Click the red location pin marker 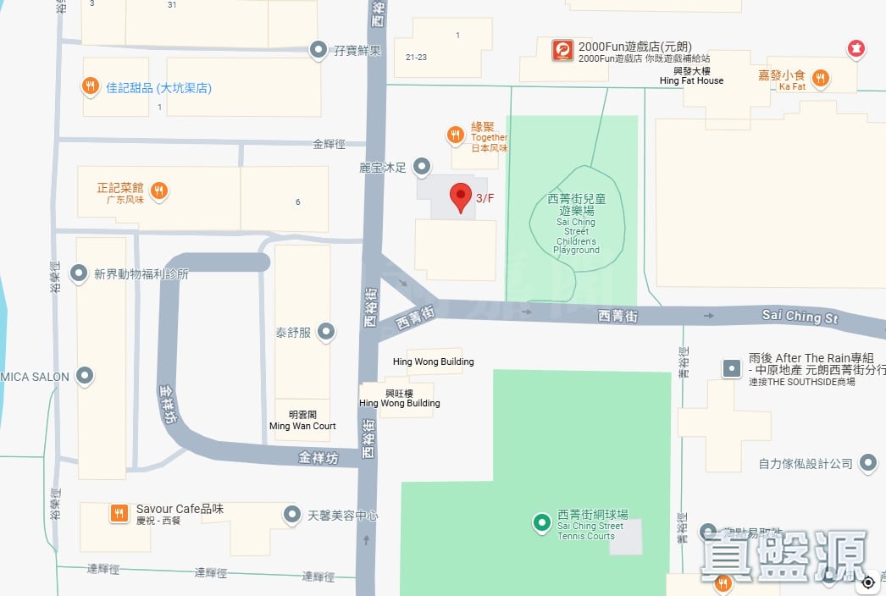(460, 197)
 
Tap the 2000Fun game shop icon (562, 51)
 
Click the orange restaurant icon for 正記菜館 (158, 191)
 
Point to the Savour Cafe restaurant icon (119, 513)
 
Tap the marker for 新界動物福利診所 (79, 273)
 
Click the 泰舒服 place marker (326, 333)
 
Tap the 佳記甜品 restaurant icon (91, 86)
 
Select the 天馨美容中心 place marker (292, 514)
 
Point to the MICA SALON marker (85, 376)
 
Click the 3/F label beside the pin (485, 198)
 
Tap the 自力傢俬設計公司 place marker (867, 463)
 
